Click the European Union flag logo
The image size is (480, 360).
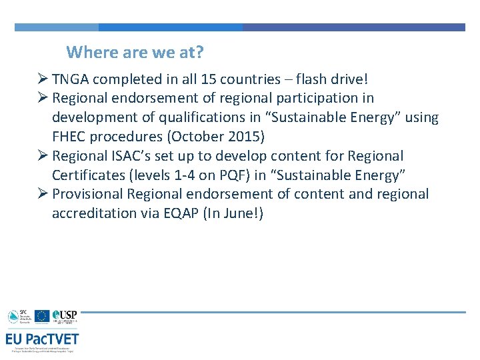point(42,316)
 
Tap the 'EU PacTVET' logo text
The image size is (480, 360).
point(43,338)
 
